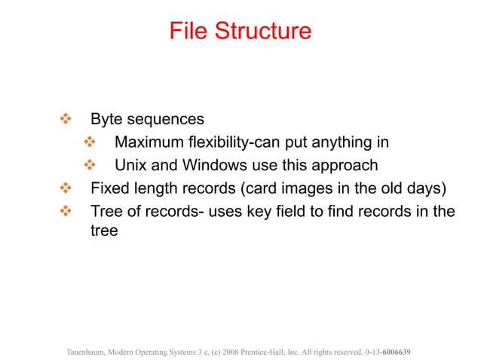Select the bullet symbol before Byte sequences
coord(65,119)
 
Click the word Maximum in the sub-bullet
coord(148,142)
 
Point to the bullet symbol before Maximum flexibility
coord(89,142)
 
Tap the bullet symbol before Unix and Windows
coord(89,164)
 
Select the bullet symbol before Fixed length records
coord(65,187)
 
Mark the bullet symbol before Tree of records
coord(65,210)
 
